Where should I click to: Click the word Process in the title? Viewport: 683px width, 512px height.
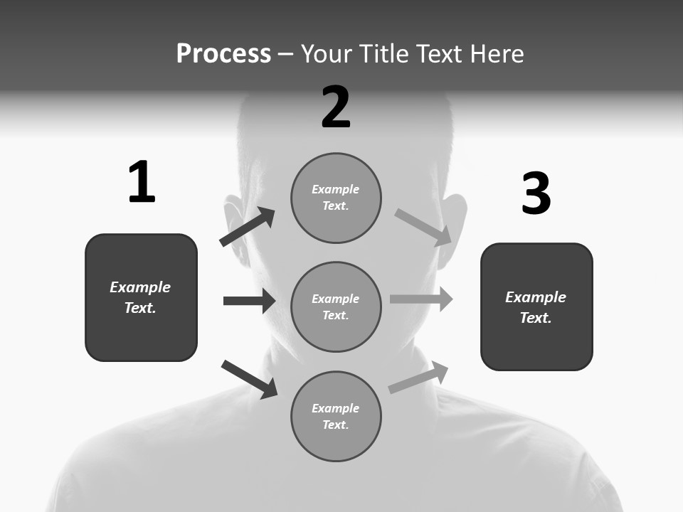[223, 54]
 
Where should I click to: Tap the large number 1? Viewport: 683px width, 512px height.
[142, 182]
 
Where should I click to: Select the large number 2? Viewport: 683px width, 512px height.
[336, 107]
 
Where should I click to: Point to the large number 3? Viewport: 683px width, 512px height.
[536, 194]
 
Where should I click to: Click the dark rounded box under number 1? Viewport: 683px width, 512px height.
[141, 297]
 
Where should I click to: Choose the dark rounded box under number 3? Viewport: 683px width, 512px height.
[536, 306]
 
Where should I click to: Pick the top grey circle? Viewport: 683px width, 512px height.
[336, 198]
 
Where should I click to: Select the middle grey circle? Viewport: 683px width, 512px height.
[336, 306]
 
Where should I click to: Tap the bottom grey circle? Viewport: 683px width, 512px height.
[336, 416]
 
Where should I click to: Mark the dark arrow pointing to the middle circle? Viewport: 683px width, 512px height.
[249, 301]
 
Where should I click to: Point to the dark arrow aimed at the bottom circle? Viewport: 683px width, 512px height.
[249, 379]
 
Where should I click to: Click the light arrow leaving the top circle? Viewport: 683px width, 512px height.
[423, 227]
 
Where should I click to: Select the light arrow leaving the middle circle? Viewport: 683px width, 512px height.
[421, 299]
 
